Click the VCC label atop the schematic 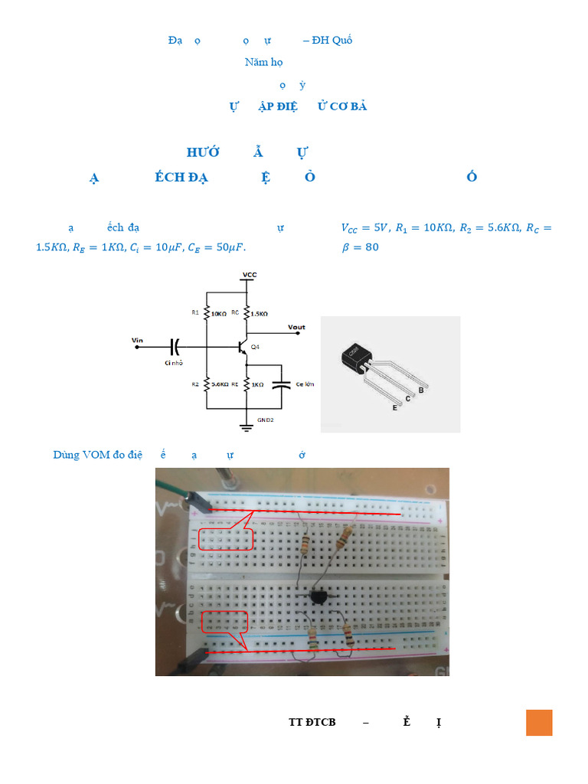pyautogui.click(x=250, y=274)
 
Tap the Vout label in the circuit pyautogui.click(x=296, y=328)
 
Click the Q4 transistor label pyautogui.click(x=256, y=347)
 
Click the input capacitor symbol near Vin pyautogui.click(x=175, y=346)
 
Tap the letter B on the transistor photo pyautogui.click(x=420, y=390)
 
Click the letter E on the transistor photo pyautogui.click(x=395, y=409)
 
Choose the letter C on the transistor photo pyautogui.click(x=408, y=399)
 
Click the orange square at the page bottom pyautogui.click(x=539, y=723)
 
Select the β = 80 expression pyautogui.click(x=359, y=247)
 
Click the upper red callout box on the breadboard pyautogui.click(x=225, y=539)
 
